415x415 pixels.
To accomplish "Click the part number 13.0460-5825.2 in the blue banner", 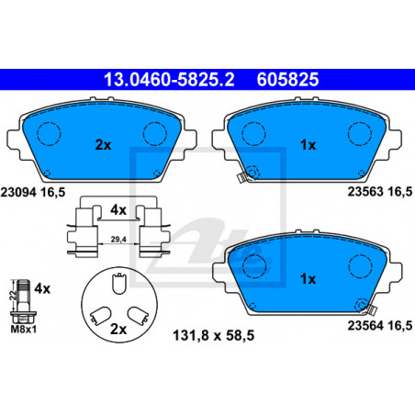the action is [x=169, y=80].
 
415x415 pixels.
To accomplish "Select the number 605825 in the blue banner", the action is [x=287, y=80].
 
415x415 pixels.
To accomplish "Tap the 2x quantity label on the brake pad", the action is [x=103, y=145].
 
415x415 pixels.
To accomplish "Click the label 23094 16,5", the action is [x=33, y=193].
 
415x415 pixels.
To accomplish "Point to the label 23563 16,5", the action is [x=380, y=192].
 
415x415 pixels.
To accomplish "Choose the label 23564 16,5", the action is [x=380, y=326].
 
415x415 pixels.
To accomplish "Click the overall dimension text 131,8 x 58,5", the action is [x=214, y=335].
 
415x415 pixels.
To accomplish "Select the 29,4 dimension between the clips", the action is [x=118, y=240].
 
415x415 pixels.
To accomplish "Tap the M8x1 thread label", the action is [x=24, y=330].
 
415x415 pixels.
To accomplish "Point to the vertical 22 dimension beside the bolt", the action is [x=13, y=295].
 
